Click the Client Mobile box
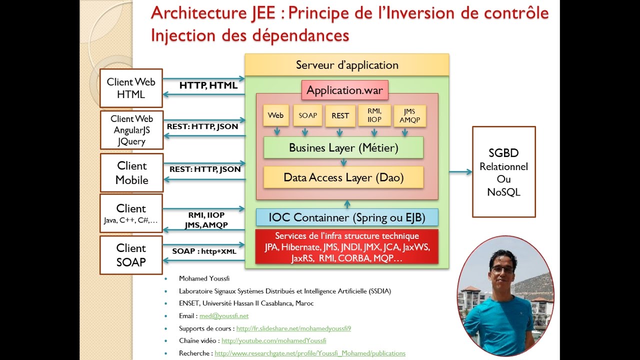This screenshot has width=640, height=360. [131, 172]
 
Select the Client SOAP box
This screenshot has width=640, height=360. [131, 255]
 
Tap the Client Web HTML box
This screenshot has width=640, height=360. [131, 88]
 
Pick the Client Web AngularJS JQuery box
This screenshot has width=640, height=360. [131, 130]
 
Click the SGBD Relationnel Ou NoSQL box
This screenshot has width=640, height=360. [503, 172]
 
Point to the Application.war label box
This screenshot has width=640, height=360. [344, 90]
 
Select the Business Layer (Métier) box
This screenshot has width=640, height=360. [343, 147]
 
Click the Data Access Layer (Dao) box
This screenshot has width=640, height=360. [343, 177]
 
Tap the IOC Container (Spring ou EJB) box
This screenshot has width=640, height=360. [347, 217]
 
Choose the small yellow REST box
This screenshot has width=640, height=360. [340, 115]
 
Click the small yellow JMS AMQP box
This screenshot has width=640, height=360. [410, 115]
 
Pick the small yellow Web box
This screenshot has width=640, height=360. [275, 115]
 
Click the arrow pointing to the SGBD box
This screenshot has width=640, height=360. [460, 172]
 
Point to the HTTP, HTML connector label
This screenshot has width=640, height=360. [208, 85]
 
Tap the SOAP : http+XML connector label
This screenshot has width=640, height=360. [204, 251]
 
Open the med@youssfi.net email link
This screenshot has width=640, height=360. [223, 316]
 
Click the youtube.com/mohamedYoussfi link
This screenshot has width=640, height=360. [273, 340]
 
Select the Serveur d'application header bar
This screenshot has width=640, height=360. [347, 65]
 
